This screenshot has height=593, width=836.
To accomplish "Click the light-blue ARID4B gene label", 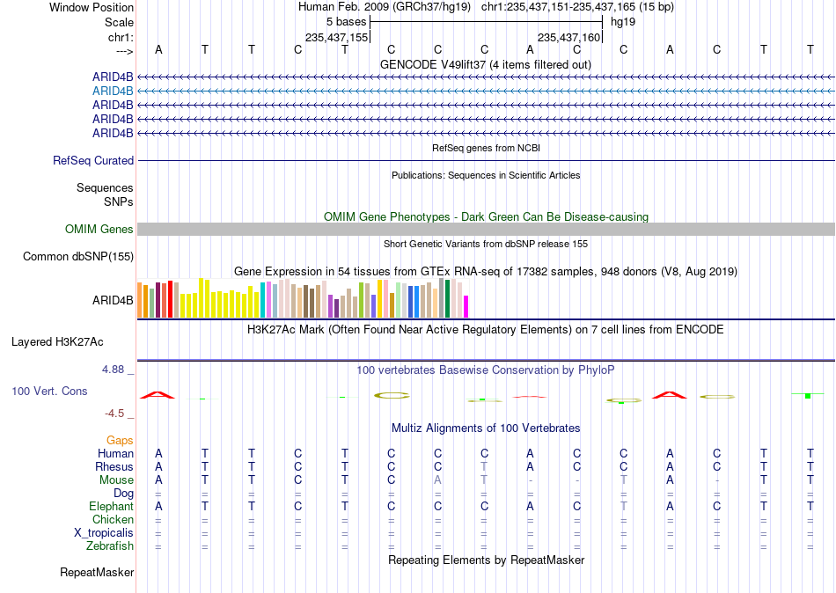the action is pos(113,92).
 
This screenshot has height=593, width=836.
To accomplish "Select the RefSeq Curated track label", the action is pos(93,160).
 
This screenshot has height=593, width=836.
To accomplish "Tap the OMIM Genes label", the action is pos(99,230).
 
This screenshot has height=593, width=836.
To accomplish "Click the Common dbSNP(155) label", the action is pos(78,257).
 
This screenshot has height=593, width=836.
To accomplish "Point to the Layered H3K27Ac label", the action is pos(57,342).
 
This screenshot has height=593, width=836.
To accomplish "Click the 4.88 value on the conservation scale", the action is pos(113,370).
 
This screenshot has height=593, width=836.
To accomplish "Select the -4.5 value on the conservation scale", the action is pos(114,414).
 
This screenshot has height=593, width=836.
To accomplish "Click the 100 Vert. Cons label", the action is pos(49,391).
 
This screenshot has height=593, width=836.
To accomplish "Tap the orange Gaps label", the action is pos(120,441).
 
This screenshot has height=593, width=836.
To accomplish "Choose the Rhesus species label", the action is pos(114,466).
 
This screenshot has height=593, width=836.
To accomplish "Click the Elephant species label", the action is pos(112,506).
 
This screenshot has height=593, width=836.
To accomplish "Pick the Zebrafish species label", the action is pos(110,546).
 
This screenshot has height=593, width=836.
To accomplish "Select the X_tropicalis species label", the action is pos(104,533).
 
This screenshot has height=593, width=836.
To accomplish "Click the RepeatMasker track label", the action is pos(97,572).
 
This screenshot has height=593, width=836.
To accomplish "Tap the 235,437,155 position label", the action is pos(336,37).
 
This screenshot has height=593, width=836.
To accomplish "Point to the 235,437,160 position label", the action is pos(568,37).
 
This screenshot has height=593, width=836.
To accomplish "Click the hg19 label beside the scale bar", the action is pos(623,22).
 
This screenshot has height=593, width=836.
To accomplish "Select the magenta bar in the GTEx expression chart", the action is pos(466,307).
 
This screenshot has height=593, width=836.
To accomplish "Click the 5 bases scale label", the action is pos(347,22).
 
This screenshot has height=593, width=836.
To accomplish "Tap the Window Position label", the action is pos(92,7).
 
